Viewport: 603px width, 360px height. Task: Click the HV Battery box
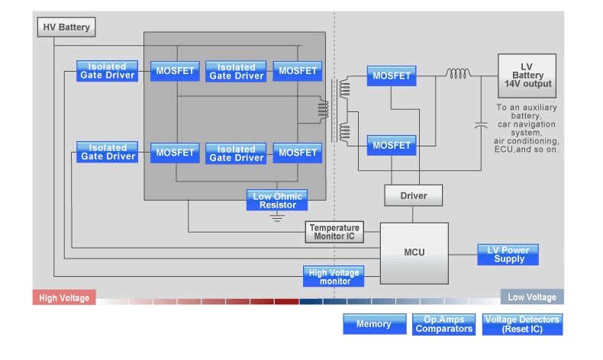(66, 27)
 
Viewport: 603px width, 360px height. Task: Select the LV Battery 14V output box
(527, 76)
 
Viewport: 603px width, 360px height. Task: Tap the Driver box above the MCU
(414, 196)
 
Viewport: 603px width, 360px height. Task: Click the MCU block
(414, 252)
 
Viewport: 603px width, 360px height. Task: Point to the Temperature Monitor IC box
(334, 232)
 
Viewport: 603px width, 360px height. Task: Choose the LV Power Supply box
(508, 255)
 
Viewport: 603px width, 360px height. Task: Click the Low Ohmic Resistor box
(277, 201)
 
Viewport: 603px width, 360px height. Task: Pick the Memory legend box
(373, 324)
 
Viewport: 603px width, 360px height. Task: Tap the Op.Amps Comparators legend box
(444, 324)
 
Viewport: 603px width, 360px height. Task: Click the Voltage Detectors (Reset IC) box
(523, 324)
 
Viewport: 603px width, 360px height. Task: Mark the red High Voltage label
(64, 298)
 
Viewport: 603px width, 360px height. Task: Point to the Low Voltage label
(532, 297)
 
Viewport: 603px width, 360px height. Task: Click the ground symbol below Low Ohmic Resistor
(277, 217)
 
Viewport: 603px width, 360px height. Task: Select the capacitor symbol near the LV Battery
(480, 124)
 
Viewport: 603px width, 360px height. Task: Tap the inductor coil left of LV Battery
(458, 74)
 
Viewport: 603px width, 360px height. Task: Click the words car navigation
(527, 124)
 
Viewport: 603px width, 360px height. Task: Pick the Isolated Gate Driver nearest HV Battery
(108, 71)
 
